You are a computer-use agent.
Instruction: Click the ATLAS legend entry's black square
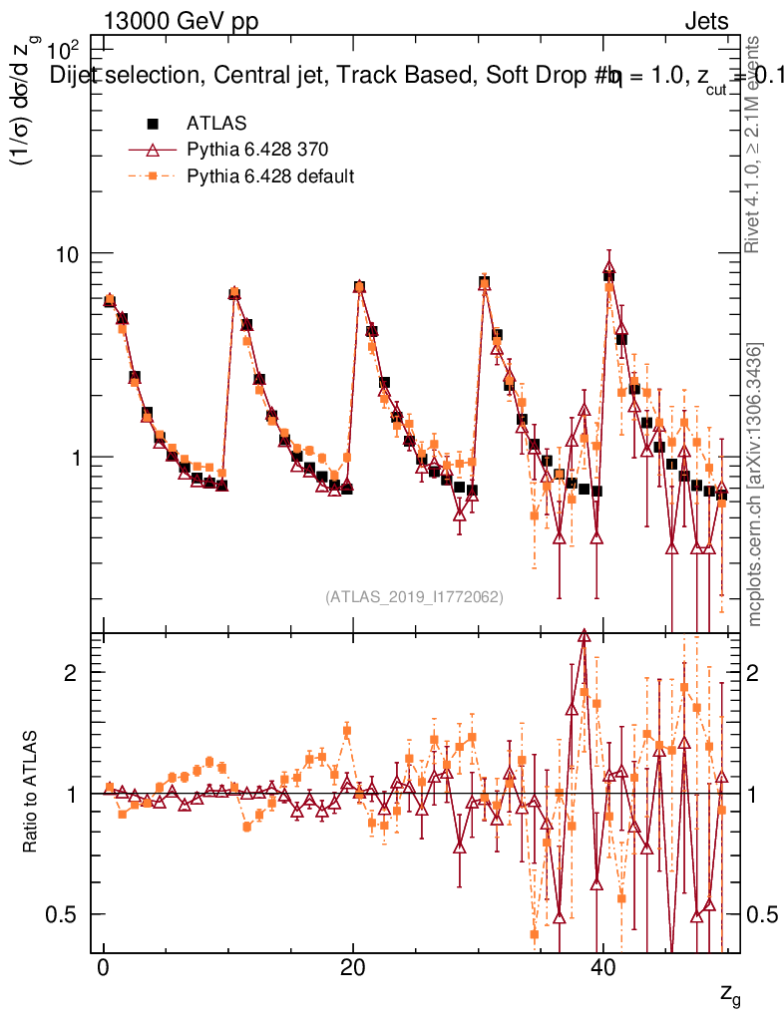[153, 124]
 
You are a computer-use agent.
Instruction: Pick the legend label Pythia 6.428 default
[270, 176]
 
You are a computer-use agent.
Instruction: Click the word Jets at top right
[705, 22]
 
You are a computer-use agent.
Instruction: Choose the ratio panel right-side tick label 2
[751, 672]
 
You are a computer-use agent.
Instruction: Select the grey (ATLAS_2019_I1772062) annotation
[414, 597]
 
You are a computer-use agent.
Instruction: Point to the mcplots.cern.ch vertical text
[755, 486]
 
